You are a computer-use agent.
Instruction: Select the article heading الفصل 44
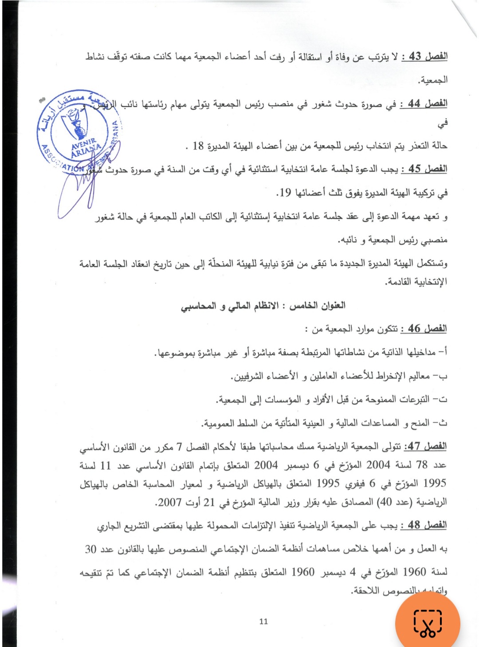[424, 103]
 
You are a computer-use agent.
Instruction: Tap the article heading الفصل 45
[424, 169]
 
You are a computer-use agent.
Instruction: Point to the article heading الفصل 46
[424, 329]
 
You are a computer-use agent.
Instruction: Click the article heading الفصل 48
[424, 525]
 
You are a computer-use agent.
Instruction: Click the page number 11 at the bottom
[263, 621]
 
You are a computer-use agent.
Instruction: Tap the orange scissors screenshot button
[428, 623]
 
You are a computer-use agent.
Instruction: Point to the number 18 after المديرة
[198, 146]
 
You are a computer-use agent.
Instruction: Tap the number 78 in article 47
[422, 465]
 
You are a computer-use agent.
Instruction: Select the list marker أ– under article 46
[442, 352]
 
